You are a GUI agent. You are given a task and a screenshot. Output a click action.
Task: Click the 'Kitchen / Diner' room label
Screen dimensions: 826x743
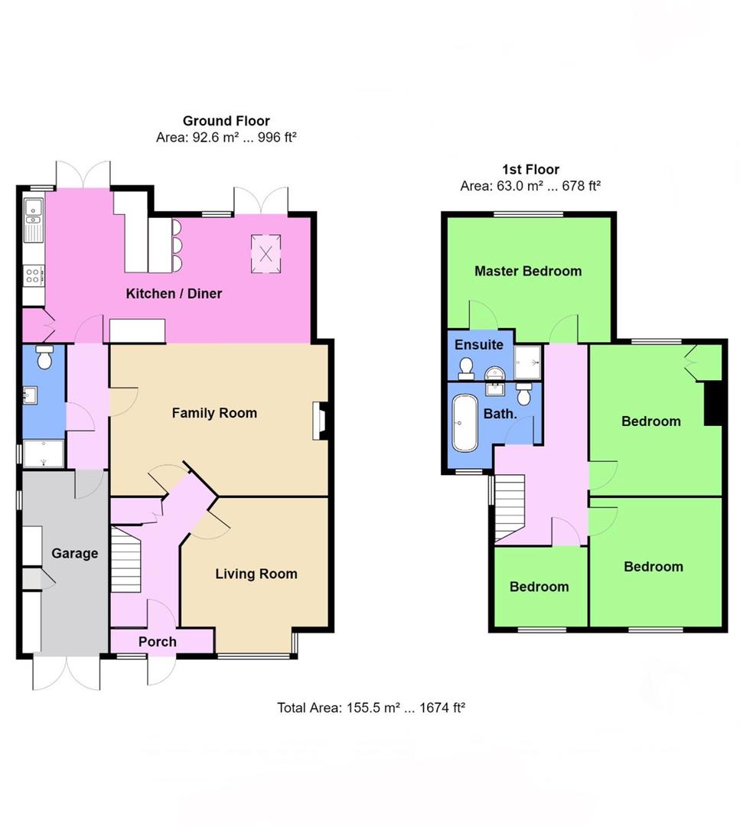pos(174,293)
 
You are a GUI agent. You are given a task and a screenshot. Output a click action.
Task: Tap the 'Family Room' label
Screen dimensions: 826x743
pos(214,413)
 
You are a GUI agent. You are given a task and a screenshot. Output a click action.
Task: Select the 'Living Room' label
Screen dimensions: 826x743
pos(256,574)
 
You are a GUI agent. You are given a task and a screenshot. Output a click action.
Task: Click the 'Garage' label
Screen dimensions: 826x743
pos(75,553)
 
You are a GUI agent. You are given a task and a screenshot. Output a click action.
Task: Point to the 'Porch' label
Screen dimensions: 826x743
pos(158,642)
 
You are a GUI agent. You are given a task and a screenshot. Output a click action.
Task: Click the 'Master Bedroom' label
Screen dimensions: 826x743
pos(528,271)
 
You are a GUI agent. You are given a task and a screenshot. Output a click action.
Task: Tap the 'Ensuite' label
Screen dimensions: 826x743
pos(479,345)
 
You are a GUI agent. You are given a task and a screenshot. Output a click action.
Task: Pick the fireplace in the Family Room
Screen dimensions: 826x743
pos(318,421)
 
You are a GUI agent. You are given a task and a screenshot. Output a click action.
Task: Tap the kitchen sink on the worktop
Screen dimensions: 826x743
pos(33,218)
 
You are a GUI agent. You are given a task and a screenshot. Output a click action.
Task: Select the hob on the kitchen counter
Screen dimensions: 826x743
pos(34,274)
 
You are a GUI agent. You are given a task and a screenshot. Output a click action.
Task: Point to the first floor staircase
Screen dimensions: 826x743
pos(509,501)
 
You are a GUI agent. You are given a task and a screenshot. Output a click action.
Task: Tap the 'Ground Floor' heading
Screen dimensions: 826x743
pos(226,121)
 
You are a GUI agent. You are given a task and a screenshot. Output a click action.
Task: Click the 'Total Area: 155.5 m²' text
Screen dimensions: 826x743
pos(371,708)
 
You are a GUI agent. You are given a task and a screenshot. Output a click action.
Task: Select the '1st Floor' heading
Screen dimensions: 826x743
pos(530,170)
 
